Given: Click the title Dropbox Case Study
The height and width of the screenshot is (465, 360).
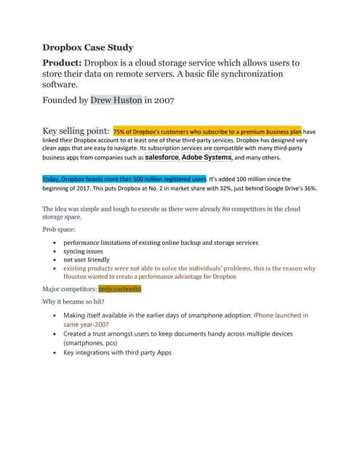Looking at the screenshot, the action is [x=87, y=48].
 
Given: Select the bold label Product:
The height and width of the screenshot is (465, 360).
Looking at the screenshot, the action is [x=64, y=63].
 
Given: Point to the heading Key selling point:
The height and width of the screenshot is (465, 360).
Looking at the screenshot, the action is [x=76, y=131].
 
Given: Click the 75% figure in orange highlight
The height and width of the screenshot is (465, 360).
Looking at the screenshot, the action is [x=120, y=132].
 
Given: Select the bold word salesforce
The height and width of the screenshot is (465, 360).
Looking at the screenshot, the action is [x=161, y=157].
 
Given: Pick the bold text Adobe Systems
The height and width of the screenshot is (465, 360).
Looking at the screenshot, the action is [x=207, y=157].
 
